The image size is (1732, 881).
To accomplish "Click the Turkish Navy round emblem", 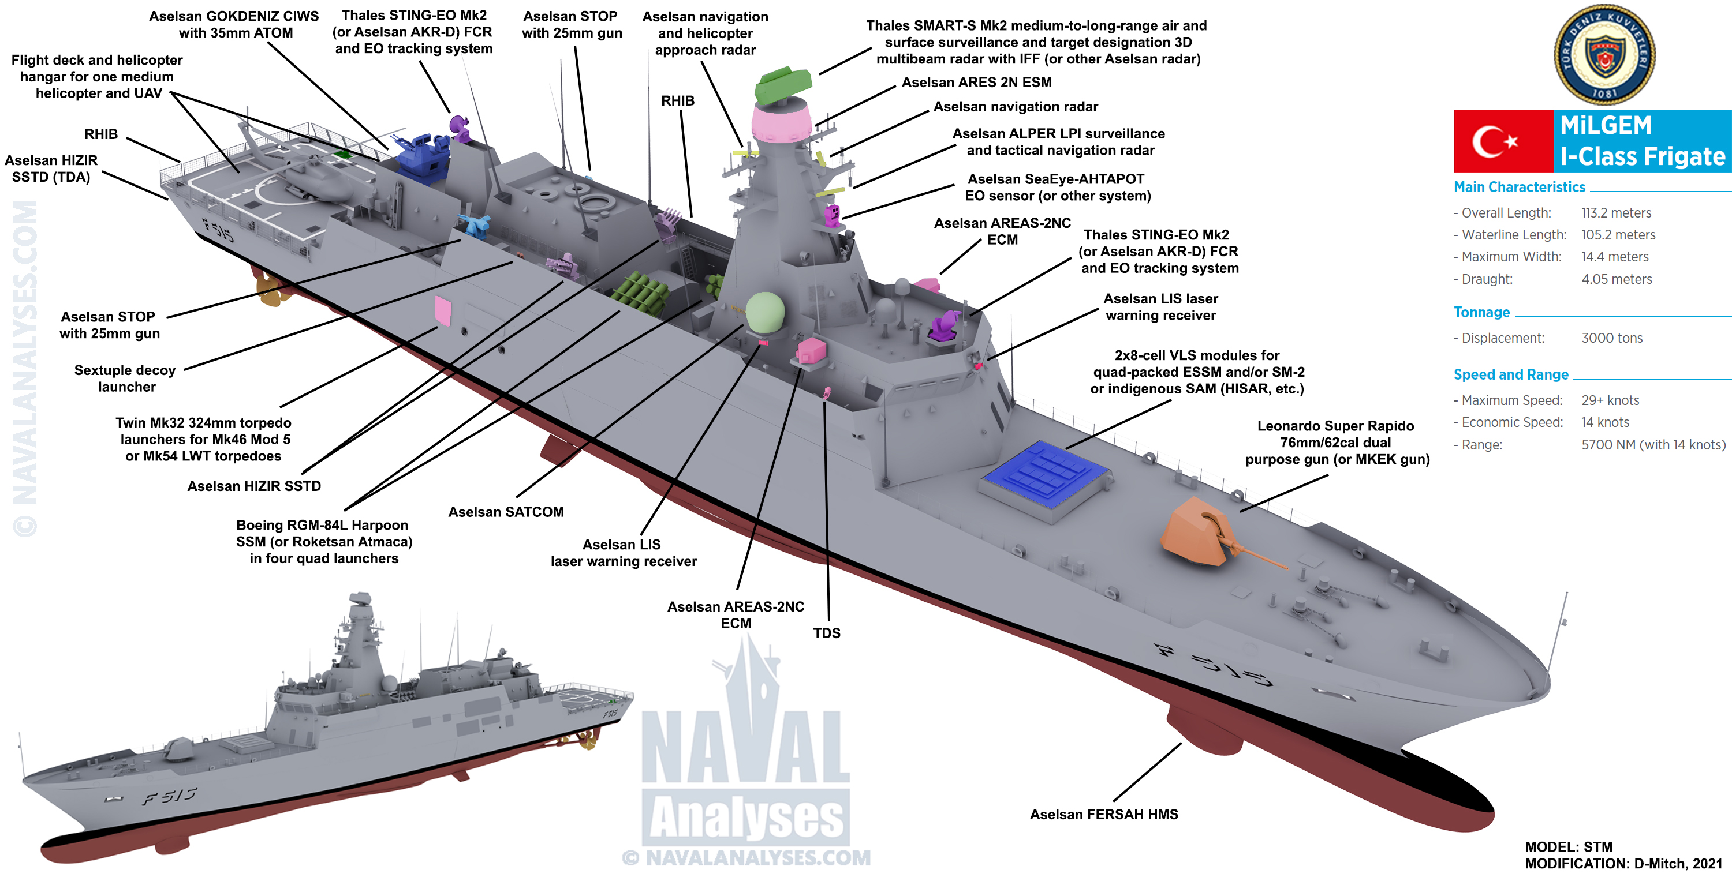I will [x=1604, y=54].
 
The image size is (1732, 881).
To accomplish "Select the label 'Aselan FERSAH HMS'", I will [x=1104, y=815].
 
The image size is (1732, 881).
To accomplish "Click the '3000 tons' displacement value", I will [x=1612, y=338].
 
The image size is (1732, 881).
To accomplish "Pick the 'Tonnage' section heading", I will [x=1481, y=313].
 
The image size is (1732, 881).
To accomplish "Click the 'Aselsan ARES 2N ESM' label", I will [x=976, y=83].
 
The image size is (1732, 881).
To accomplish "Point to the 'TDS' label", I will [x=826, y=633].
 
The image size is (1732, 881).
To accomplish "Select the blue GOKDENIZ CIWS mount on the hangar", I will [x=422, y=159].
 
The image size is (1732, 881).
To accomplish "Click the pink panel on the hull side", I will [x=442, y=310].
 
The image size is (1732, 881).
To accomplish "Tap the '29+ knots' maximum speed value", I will [x=1610, y=400].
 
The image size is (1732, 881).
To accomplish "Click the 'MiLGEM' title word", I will [x=1606, y=126].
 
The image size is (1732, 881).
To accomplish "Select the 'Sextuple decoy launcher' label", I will [x=125, y=378].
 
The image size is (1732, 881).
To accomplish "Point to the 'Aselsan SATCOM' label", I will [x=506, y=512].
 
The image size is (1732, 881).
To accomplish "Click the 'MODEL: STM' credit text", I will [x=1568, y=847].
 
